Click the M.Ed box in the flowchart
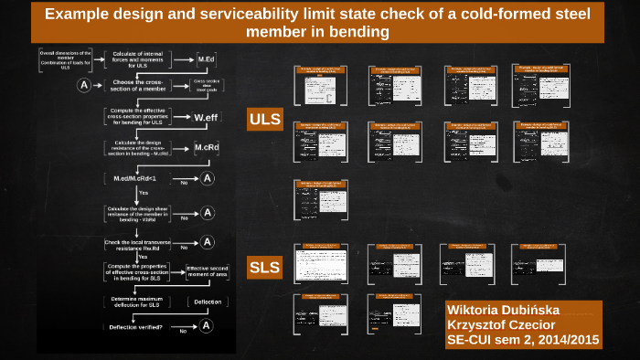tap(206, 59)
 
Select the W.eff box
tap(205, 117)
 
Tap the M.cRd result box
tap(206, 148)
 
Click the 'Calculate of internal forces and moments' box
tap(137, 59)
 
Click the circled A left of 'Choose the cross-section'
tap(85, 85)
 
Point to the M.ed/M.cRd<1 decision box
tap(137, 178)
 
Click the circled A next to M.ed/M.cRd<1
tap(208, 178)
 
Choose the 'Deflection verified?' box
tap(136, 326)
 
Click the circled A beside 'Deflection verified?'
tap(207, 325)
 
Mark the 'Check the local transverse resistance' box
tap(137, 244)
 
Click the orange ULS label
tap(265, 119)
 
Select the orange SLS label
tap(265, 268)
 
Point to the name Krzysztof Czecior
tap(499, 323)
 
